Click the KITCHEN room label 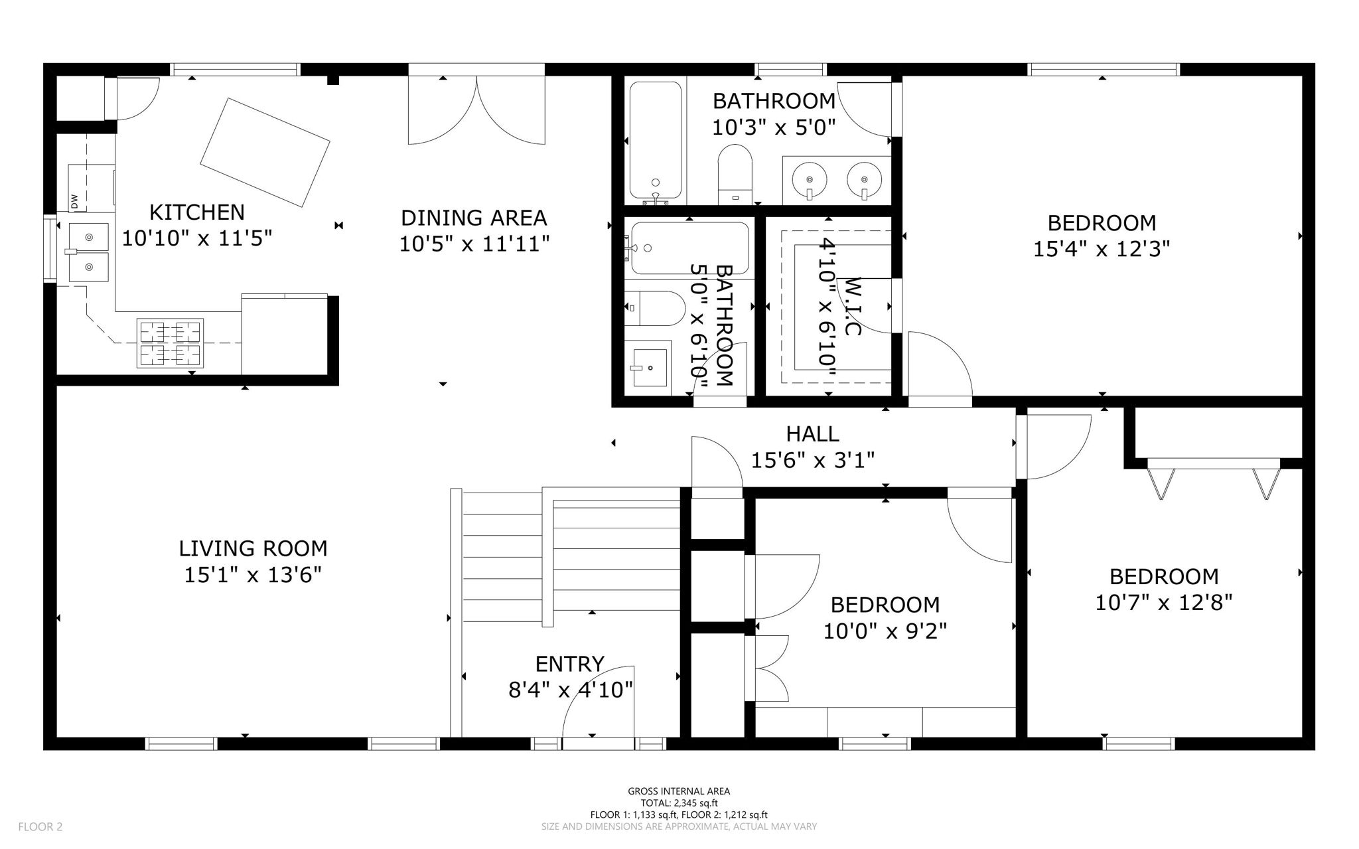[x=197, y=212]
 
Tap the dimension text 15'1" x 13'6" [x=253, y=575]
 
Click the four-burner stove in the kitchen [x=170, y=343]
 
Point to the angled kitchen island [x=265, y=152]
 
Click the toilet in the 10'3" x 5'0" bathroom [x=735, y=174]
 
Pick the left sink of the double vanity [x=809, y=181]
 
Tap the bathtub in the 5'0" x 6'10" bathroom [x=689, y=248]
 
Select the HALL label [x=812, y=434]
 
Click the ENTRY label [x=569, y=664]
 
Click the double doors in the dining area [x=476, y=110]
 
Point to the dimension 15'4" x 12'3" [x=1101, y=250]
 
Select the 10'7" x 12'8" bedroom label [x=1164, y=576]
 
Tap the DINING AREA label [x=474, y=218]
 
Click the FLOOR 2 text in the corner [x=40, y=826]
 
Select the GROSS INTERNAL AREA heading [x=679, y=791]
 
